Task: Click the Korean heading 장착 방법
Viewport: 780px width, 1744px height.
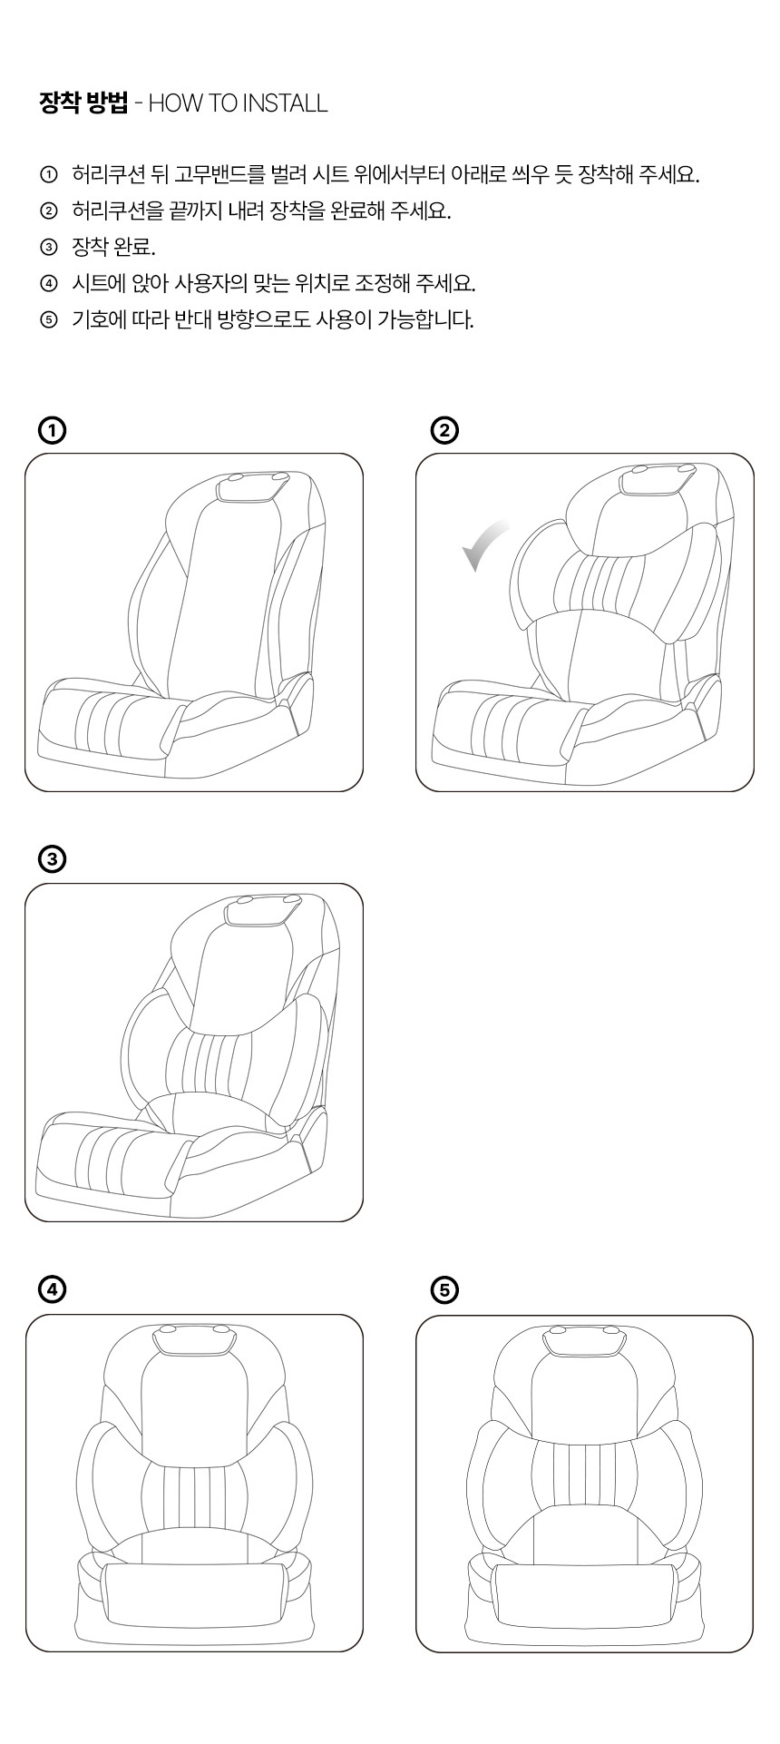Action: point(83,103)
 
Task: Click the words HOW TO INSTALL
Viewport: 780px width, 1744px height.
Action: point(238,103)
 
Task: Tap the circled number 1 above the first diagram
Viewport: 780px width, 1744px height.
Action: point(53,430)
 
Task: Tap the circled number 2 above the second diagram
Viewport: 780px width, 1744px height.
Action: point(445,430)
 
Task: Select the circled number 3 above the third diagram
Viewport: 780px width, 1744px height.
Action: point(53,859)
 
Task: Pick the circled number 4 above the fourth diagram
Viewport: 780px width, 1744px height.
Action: point(53,1288)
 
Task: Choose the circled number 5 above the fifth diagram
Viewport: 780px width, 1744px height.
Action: point(445,1289)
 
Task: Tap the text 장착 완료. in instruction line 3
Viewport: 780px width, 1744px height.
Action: point(113,247)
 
